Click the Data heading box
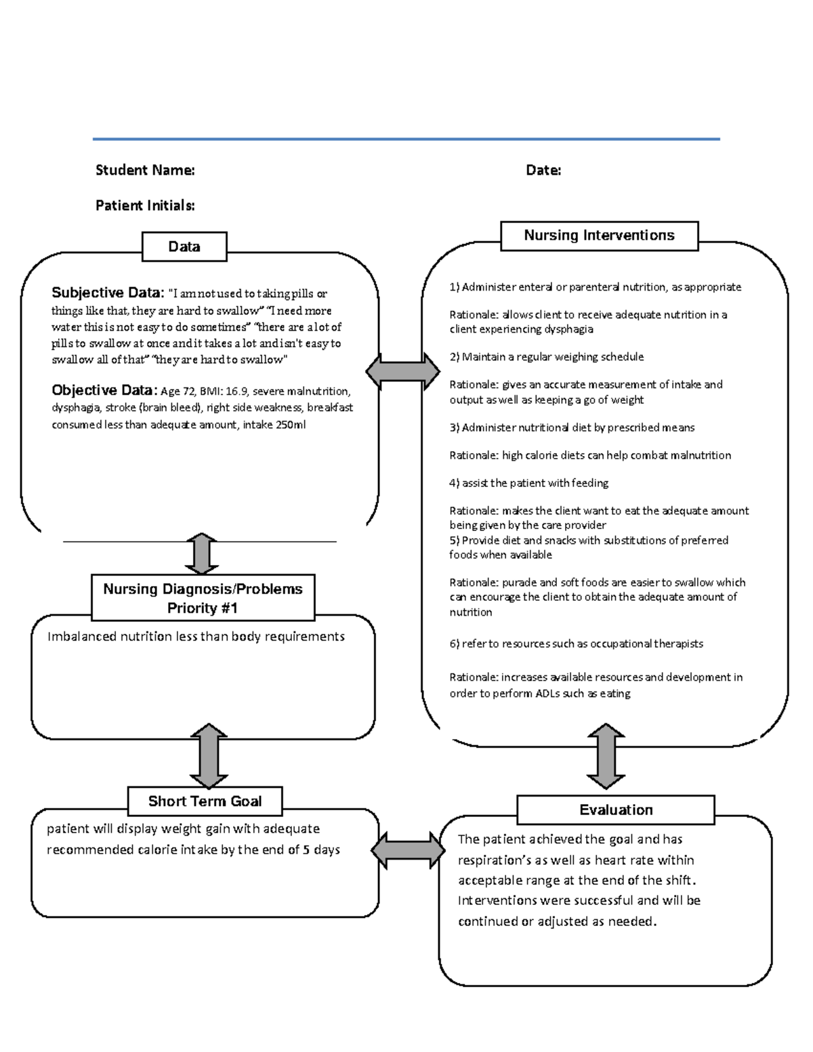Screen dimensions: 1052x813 [x=184, y=247]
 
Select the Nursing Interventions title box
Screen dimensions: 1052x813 [x=599, y=236]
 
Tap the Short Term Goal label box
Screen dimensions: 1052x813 [x=205, y=801]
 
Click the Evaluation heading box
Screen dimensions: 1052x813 [x=615, y=810]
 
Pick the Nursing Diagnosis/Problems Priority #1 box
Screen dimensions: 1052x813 [x=203, y=598]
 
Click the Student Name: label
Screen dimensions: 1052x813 [x=145, y=170]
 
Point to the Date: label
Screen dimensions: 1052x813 [x=543, y=170]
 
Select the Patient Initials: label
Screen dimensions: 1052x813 [x=145, y=205]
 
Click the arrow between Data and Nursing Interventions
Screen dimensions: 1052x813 [x=402, y=371]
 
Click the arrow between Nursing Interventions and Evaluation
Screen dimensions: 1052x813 [x=605, y=756]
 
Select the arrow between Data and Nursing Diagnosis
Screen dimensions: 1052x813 [x=201, y=554]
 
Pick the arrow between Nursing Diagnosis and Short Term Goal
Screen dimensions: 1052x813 [x=209, y=756]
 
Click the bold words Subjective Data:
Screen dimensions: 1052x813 [x=108, y=293]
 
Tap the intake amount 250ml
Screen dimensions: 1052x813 [x=291, y=425]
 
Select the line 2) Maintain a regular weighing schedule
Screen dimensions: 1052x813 [x=546, y=357]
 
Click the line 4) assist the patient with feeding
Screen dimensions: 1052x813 [x=528, y=483]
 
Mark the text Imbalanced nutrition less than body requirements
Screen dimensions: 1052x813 [x=196, y=636]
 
